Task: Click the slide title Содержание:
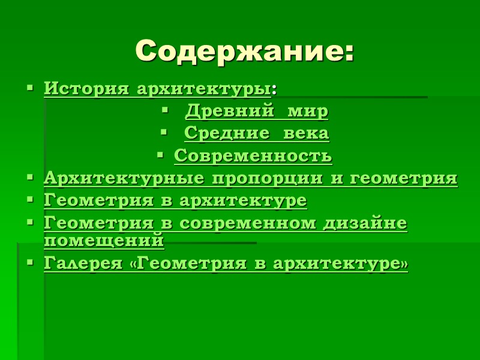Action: pyautogui.click(x=245, y=51)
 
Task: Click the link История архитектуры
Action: pyautogui.click(x=157, y=89)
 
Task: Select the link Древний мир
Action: pyautogui.click(x=256, y=111)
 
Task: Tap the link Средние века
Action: pyautogui.click(x=256, y=133)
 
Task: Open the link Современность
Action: pyautogui.click(x=253, y=156)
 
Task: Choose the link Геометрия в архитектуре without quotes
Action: pyautogui.click(x=175, y=200)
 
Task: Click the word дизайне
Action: pyautogui.click(x=365, y=223)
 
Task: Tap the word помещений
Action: pyautogui.click(x=104, y=240)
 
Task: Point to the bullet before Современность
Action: pyautogui.click(x=160, y=155)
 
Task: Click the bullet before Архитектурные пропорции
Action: pyautogui.click(x=30, y=178)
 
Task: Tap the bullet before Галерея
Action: pyautogui.click(x=30, y=262)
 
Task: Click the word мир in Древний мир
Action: pyautogui.click(x=308, y=111)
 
